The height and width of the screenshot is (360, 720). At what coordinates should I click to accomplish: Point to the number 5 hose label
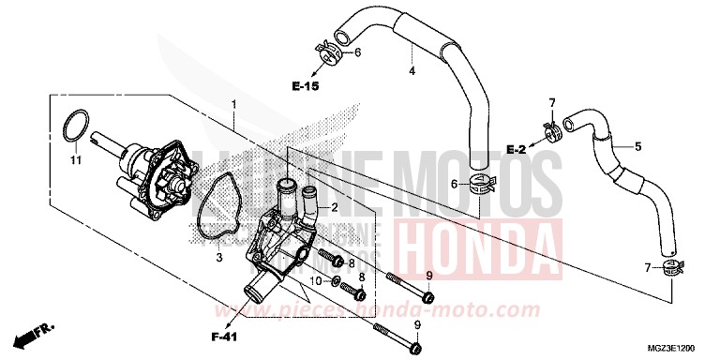(x=637, y=145)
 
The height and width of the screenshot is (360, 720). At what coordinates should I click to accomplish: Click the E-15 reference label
(x=306, y=86)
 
